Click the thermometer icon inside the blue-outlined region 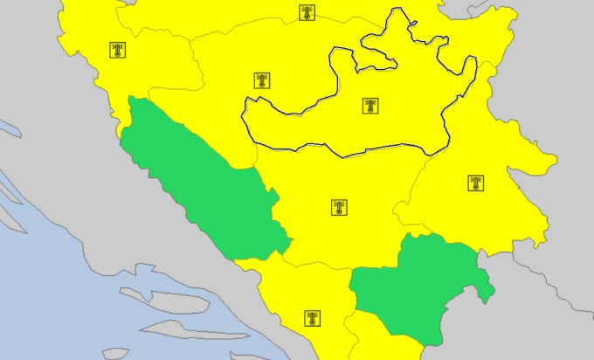371,107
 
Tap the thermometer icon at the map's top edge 306,12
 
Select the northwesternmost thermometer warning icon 118,50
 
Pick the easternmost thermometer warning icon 475,183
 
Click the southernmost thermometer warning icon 312,318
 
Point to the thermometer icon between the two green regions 339,207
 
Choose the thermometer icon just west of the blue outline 261,81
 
